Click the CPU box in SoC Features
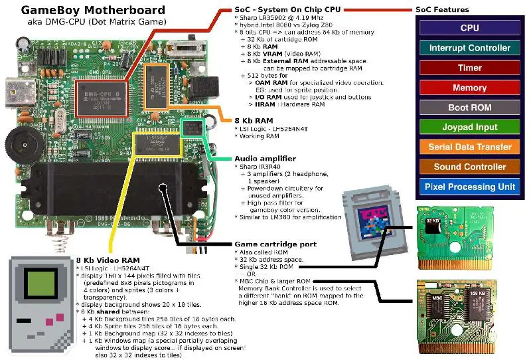pyautogui.click(x=469, y=28)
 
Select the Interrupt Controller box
pyautogui.click(x=469, y=48)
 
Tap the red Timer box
pyautogui.click(x=469, y=68)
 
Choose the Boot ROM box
pyautogui.click(x=469, y=108)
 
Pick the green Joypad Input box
pyautogui.click(x=469, y=127)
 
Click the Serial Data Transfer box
pyautogui.click(x=469, y=147)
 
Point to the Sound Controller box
pyautogui.click(x=469, y=167)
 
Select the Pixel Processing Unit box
pyautogui.click(x=469, y=187)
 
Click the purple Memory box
pyautogui.click(x=469, y=88)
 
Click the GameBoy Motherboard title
pyautogui.click(x=93, y=10)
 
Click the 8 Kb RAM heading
pyautogui.click(x=254, y=121)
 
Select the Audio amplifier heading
pyautogui.click(x=265, y=159)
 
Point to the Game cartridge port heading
pyautogui.click(x=275, y=244)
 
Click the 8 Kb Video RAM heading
pyautogui.click(x=108, y=259)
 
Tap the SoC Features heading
pyautogui.click(x=442, y=10)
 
